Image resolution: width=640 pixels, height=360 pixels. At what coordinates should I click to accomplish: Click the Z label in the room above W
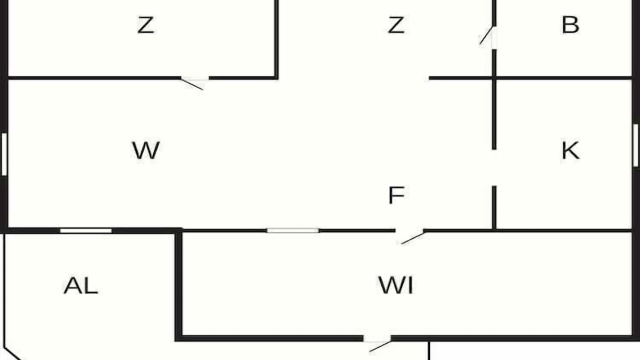pos(145,25)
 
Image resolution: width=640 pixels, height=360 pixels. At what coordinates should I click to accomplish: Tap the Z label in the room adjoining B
pos(396,25)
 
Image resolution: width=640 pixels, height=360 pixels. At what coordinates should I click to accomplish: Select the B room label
pos(570,25)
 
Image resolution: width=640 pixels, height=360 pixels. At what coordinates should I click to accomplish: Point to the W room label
pos(145,150)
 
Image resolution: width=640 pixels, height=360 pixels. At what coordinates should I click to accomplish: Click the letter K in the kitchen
pos(570,150)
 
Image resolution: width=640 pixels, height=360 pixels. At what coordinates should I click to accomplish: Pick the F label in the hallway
pos(396,195)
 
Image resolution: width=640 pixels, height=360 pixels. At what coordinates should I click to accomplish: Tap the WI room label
pos(395,285)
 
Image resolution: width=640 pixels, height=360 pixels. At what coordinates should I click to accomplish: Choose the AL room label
pos(80,285)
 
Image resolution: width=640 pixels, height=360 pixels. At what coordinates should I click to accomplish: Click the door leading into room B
pos(487,35)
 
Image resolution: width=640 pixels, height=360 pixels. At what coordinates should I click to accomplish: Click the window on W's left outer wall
pos(4,154)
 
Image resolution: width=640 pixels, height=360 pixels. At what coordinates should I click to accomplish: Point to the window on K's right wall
pos(635,145)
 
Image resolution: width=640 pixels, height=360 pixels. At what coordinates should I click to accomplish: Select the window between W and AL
pos(85,231)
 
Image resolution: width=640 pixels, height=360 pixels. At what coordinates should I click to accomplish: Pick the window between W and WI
pos(293,230)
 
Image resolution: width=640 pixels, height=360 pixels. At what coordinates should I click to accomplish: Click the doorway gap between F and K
pos(494,167)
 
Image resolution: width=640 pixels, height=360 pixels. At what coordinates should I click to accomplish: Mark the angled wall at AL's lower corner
pos(13,353)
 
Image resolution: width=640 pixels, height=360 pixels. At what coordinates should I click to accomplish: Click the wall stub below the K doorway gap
pos(494,207)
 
